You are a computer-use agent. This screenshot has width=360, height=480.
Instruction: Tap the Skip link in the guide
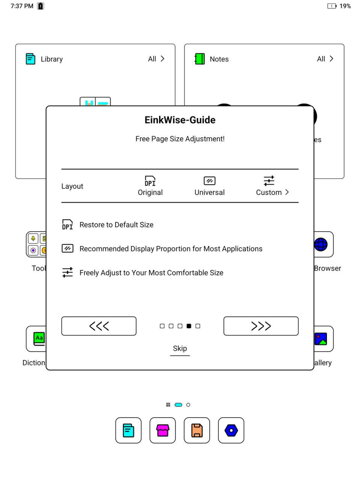180,348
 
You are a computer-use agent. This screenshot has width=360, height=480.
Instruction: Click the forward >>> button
261,326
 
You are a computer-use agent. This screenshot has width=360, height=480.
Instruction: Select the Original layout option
150,186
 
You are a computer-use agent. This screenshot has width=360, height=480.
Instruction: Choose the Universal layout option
209,186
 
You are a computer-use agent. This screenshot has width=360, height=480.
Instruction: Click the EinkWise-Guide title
180,120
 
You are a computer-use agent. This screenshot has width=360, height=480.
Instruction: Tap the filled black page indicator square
189,326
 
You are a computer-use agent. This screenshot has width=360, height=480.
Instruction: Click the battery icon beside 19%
331,6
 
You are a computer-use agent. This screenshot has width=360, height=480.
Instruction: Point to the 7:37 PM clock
22,6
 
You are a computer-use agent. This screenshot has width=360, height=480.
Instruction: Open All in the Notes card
325,59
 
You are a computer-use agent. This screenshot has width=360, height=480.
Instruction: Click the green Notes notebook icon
200,59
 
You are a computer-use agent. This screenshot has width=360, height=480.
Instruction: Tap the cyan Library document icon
30,59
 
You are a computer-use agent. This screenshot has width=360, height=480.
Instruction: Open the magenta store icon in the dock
163,430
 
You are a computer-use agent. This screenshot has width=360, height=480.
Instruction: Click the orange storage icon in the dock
197,430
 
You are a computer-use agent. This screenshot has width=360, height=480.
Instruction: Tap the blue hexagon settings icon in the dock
231,430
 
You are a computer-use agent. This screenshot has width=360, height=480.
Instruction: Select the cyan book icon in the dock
128,430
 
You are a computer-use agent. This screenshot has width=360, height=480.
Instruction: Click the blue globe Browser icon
321,244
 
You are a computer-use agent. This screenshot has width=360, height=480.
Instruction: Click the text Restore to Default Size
116,225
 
